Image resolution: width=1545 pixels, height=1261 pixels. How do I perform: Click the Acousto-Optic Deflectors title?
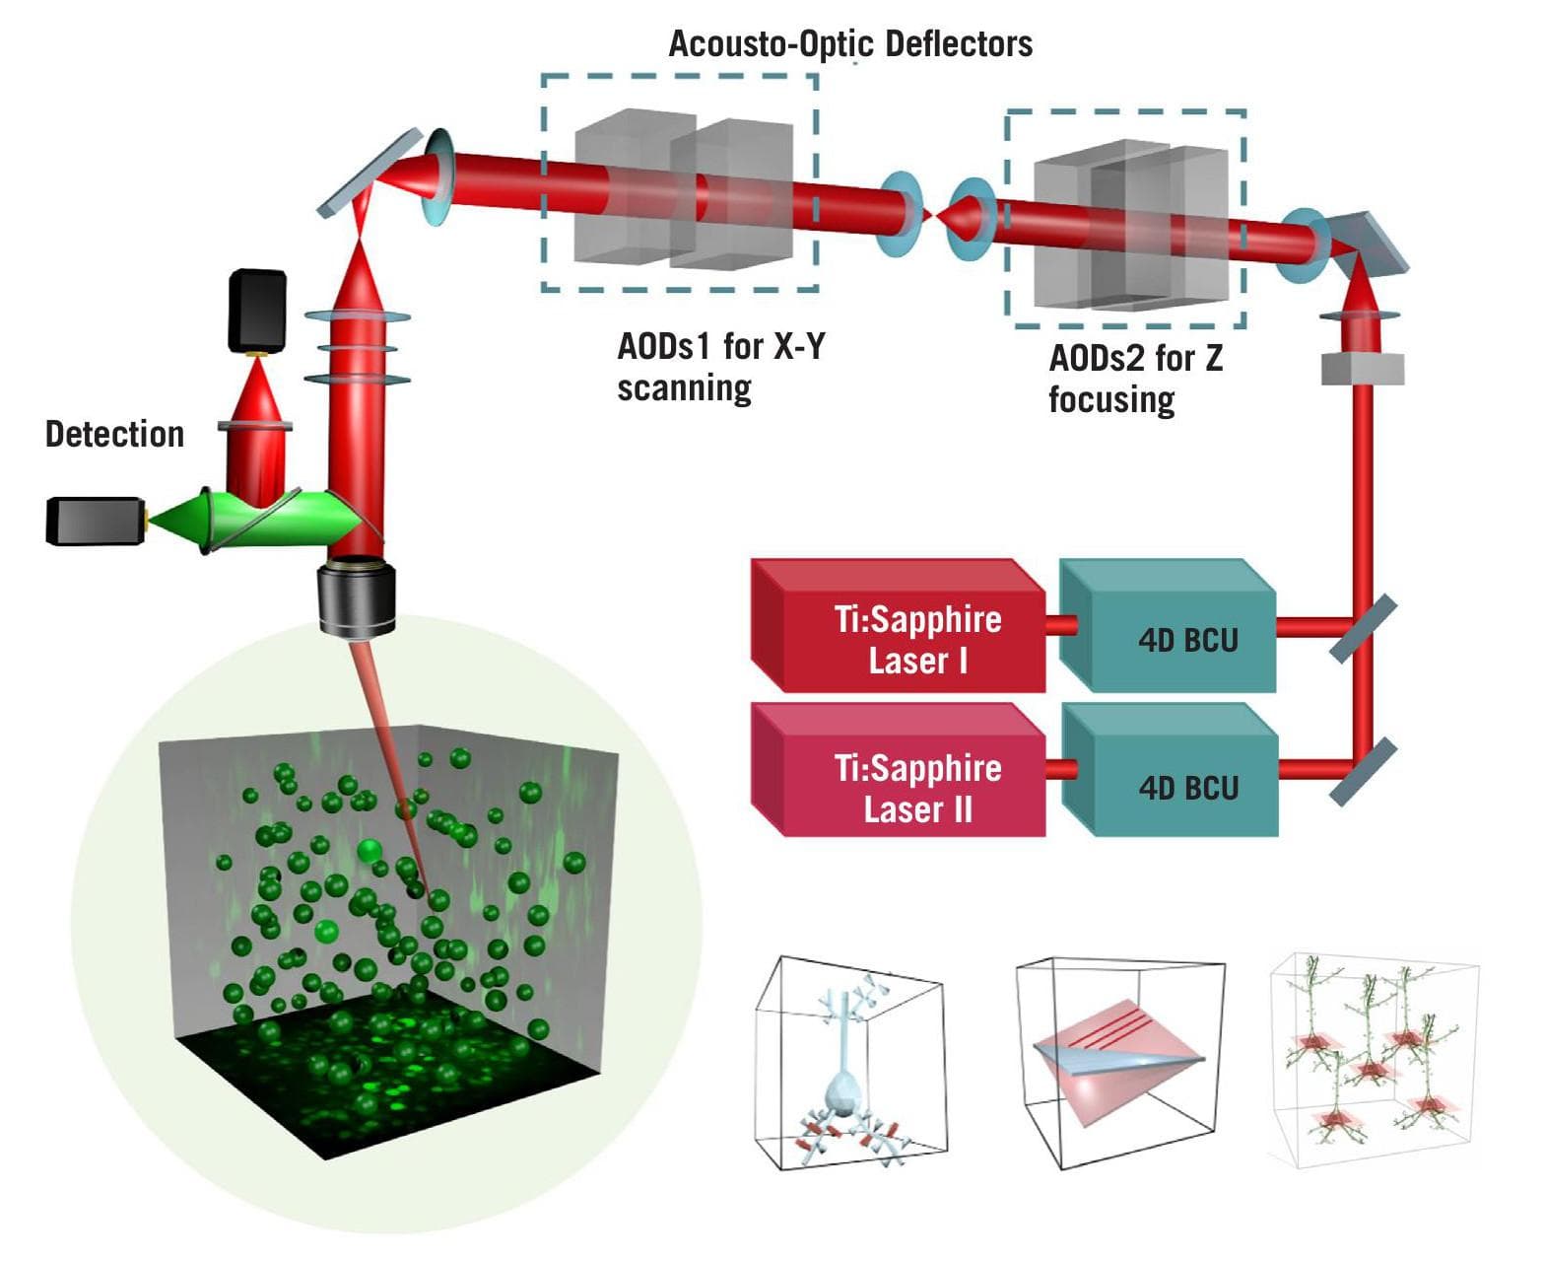click(x=850, y=43)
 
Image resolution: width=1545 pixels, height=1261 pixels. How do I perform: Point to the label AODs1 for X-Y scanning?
click(x=720, y=367)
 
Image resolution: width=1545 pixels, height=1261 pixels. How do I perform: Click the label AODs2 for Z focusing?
click(x=1134, y=379)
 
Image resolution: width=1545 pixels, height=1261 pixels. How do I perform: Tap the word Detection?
click(x=114, y=434)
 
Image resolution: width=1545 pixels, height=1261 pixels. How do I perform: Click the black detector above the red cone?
click(x=257, y=311)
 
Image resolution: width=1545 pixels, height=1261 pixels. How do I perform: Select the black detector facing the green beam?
click(x=96, y=521)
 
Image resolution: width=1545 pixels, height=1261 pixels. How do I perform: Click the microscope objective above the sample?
click(x=357, y=596)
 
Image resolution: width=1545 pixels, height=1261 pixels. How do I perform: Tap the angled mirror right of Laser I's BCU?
click(x=1363, y=627)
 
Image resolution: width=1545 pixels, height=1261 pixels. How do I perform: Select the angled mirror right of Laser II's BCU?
click(x=1363, y=771)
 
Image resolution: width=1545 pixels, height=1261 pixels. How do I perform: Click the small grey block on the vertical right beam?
click(x=1362, y=369)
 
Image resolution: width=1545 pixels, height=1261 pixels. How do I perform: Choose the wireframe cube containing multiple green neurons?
click(x=1372, y=1060)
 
